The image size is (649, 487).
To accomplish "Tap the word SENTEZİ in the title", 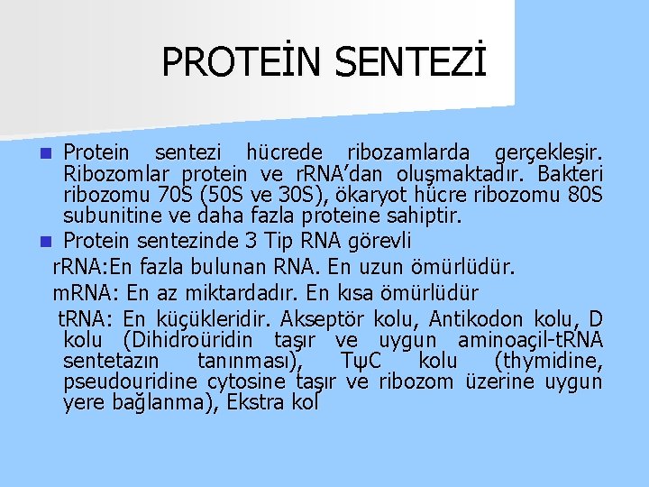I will coord(410,62).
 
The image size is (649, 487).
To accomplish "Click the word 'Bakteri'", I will coord(571,173).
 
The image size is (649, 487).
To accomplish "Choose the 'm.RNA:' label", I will coord(85,293).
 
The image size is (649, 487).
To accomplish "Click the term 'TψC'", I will coord(367,362).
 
